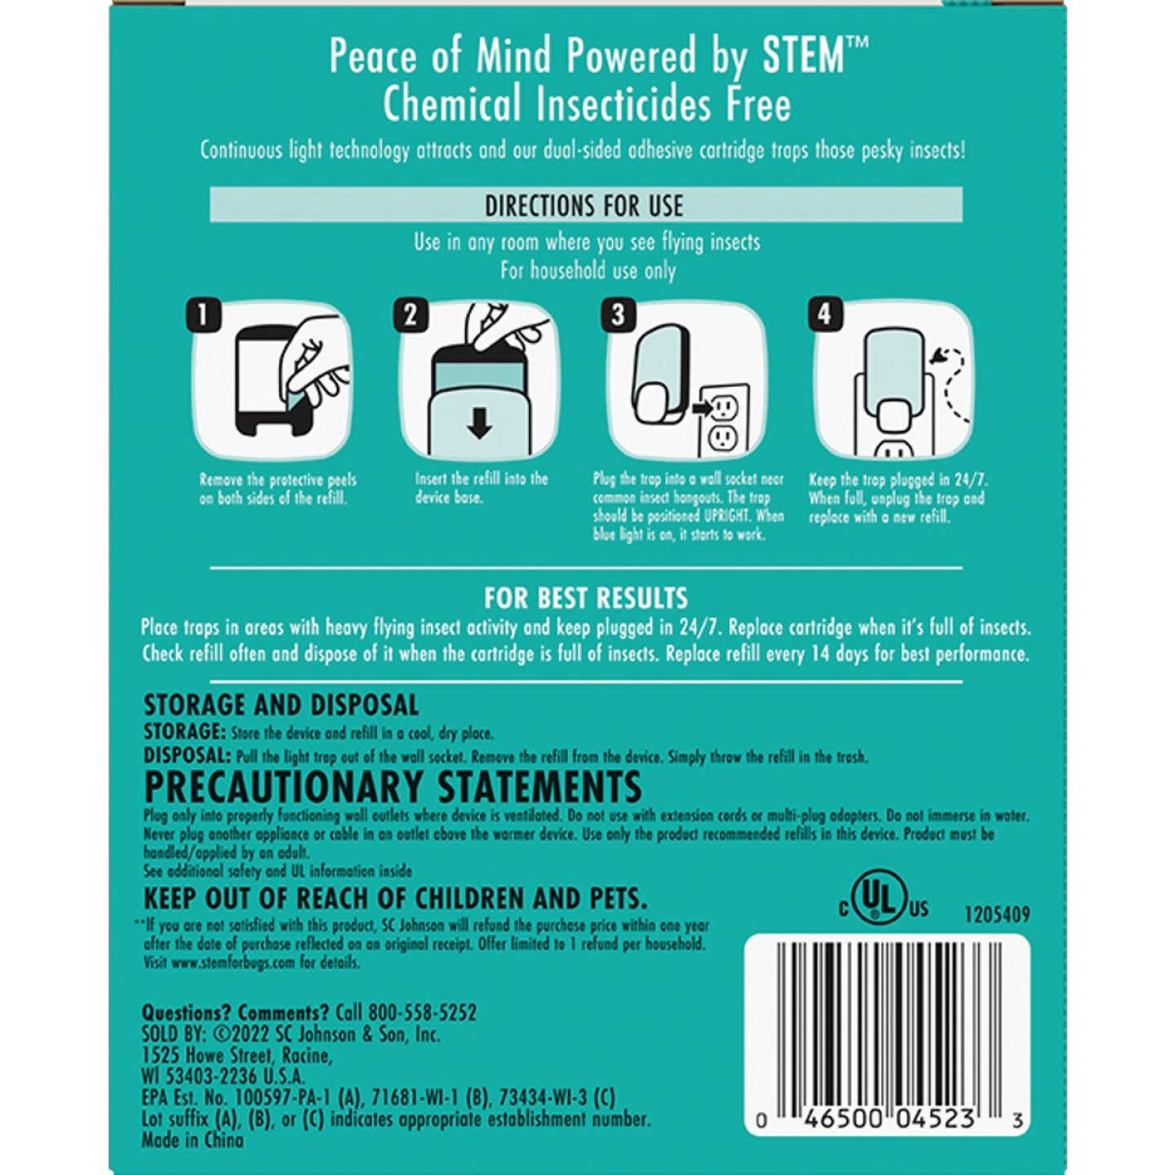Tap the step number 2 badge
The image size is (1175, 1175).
[x=410, y=315]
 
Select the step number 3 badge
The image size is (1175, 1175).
[x=618, y=315]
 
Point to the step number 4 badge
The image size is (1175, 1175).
[x=824, y=315]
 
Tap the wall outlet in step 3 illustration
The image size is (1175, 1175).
[x=723, y=421]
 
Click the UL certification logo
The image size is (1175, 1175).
[x=884, y=898]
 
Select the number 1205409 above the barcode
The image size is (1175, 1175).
[x=997, y=915]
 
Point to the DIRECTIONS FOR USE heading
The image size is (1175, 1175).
[x=584, y=206]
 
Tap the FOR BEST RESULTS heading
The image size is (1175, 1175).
[x=586, y=598]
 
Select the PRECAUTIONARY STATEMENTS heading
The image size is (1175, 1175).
[x=392, y=787]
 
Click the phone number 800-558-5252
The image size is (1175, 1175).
[x=422, y=1013]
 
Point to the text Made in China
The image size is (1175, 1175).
[x=193, y=1140]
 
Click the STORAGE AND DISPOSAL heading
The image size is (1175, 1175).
[x=281, y=705]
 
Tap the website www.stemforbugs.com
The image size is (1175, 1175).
[x=233, y=962]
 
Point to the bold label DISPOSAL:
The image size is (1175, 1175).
[x=187, y=756]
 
